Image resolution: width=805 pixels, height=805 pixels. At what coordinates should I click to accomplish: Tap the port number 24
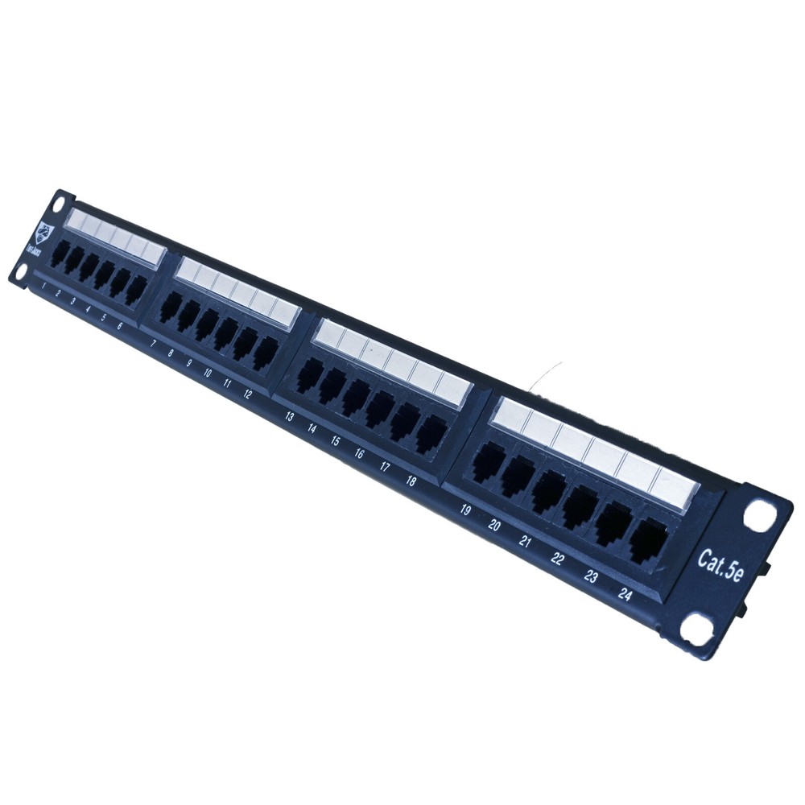click(x=625, y=594)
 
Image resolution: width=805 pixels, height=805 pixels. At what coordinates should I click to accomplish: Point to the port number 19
click(x=465, y=510)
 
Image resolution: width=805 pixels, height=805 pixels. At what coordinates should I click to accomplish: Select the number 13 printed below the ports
click(x=290, y=417)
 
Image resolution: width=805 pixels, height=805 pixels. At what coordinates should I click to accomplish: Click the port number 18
click(x=411, y=481)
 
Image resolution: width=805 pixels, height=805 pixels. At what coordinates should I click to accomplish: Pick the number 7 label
click(x=153, y=343)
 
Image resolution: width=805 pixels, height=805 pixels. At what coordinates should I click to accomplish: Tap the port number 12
click(x=247, y=394)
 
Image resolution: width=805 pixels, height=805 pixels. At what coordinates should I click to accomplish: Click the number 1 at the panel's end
click(x=43, y=286)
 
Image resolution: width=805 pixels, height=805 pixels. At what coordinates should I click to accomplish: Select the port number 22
click(x=557, y=558)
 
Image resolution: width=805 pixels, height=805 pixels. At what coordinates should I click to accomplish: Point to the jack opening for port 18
click(x=431, y=432)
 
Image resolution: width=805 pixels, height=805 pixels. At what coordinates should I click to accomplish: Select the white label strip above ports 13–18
click(x=391, y=360)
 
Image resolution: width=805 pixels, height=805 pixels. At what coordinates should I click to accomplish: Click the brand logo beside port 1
click(x=45, y=233)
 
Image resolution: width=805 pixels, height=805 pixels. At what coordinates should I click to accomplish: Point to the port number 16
click(x=359, y=454)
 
